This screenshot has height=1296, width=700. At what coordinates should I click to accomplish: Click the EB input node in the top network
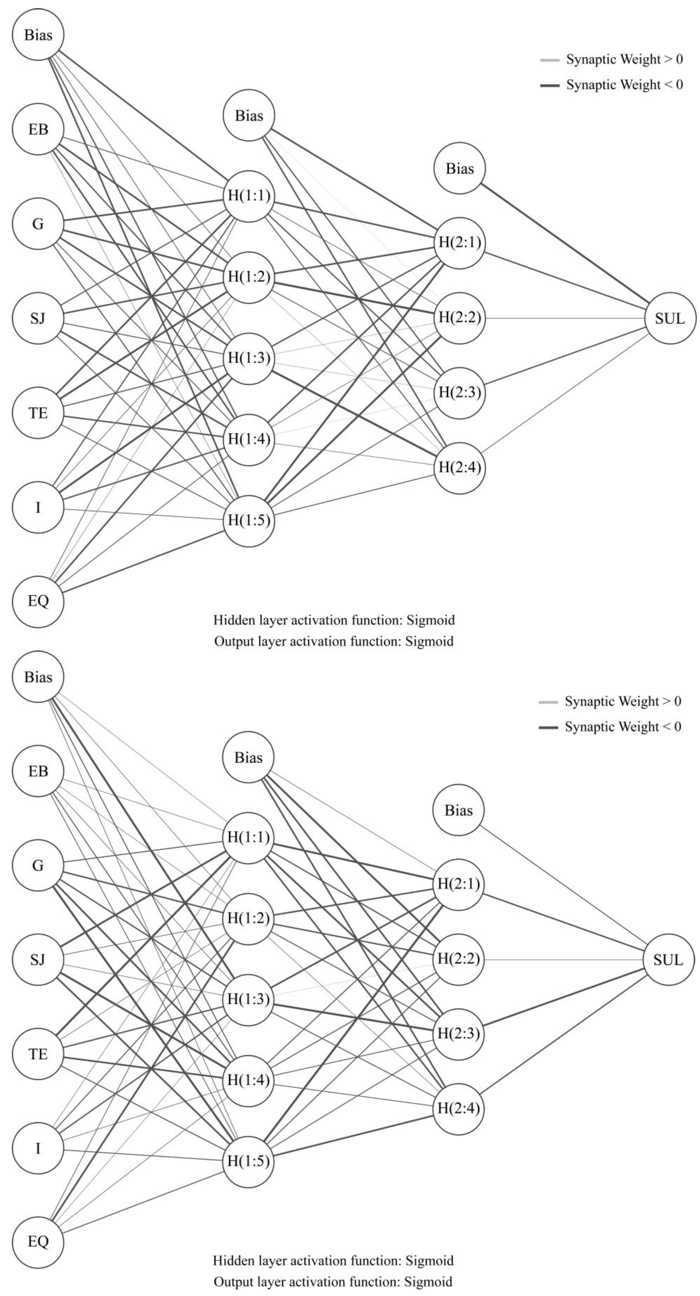(x=38, y=129)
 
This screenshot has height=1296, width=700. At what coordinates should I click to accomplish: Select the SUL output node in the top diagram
(x=670, y=318)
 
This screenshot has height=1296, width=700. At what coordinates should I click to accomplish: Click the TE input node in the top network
(x=38, y=413)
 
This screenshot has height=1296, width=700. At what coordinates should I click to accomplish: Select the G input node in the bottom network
(x=38, y=865)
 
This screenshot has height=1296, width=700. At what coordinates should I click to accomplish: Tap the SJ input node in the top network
(x=38, y=318)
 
